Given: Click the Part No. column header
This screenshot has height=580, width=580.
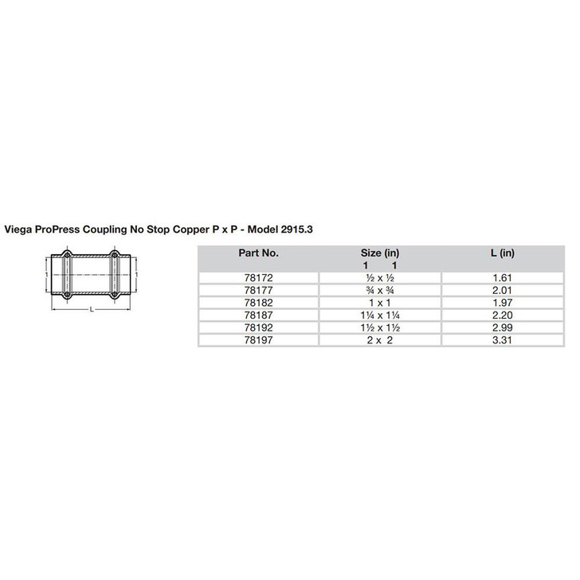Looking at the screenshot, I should click(258, 253).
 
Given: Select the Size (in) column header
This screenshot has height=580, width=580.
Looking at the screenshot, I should click(379, 253).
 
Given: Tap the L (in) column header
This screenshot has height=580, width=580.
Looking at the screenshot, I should click(503, 253).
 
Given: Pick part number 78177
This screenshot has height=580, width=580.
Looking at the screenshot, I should click(258, 289).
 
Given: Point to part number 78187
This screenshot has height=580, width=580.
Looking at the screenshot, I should click(258, 315).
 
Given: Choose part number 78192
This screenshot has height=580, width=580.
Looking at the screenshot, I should click(258, 327).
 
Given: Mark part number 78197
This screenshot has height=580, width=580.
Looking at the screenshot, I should click(258, 340).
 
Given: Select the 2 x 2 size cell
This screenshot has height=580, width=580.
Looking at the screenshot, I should click(379, 340).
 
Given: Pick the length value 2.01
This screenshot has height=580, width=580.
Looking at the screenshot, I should click(503, 289).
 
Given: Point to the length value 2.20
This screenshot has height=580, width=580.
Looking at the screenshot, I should click(503, 315).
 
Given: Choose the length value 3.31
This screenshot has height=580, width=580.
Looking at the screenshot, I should click(503, 340).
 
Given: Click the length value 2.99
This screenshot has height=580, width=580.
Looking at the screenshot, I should click(503, 327).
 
